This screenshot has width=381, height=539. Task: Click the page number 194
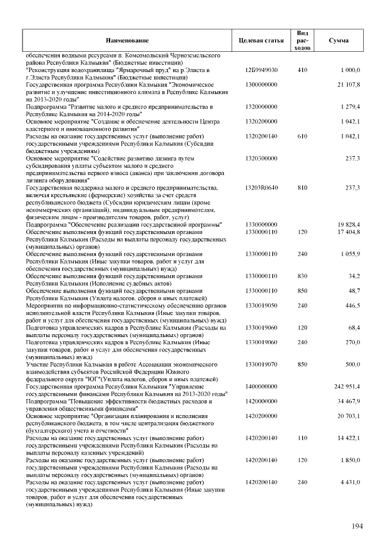click(357, 526)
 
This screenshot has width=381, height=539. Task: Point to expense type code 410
click(302, 70)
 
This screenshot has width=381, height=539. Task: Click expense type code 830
click(302, 276)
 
